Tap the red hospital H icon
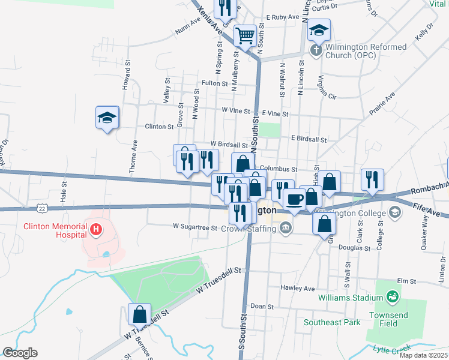95,229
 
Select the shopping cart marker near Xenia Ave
245,35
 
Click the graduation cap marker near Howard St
107,118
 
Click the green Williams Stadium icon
393,296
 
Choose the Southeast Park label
332,322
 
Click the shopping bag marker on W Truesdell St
139,314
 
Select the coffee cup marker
294,200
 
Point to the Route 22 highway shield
41,208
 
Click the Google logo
20,353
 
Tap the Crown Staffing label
247,228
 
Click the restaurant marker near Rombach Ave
372,180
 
